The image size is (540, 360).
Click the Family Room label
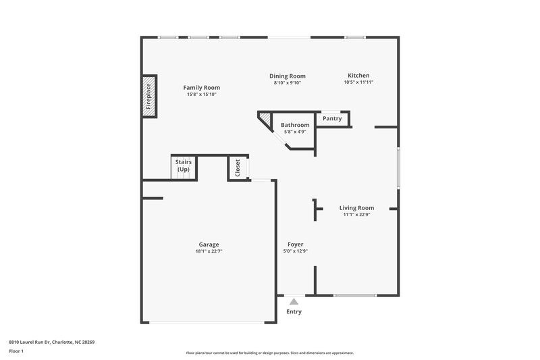point(201,87)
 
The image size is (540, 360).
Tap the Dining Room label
point(288,76)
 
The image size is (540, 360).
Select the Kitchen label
point(358,75)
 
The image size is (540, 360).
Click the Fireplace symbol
point(148,97)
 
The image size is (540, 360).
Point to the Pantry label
point(332,119)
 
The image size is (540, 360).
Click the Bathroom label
point(295,125)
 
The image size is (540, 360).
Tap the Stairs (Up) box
point(183,166)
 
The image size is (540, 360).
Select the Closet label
point(238,168)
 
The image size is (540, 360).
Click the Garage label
point(209,245)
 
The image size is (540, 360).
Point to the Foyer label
point(296,244)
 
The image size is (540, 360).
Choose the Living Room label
point(356,208)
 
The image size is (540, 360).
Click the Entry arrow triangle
point(294,301)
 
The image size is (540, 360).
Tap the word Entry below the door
point(294,312)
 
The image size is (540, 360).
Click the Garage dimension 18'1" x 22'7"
point(209,251)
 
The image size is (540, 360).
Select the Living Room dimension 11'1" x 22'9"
point(356,215)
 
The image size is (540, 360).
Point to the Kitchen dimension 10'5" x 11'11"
point(358,82)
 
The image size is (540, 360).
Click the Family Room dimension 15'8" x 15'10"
point(201,94)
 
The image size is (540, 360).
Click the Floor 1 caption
point(16,351)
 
